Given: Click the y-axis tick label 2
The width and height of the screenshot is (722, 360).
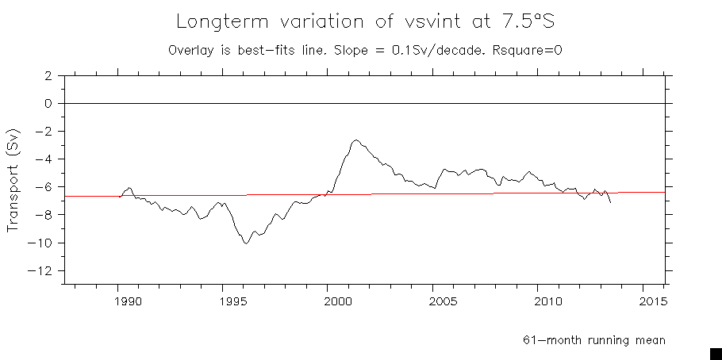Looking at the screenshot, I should click(48, 76).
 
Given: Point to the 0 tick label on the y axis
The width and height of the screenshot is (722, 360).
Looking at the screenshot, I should click(48, 104).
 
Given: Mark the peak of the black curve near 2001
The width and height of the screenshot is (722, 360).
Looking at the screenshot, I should click(356, 140).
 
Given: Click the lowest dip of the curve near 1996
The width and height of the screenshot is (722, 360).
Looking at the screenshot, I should click(247, 243).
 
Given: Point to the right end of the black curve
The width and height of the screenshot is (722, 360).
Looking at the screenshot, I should click(610, 203).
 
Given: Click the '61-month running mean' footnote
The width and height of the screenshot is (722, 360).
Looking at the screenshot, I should click(593, 340).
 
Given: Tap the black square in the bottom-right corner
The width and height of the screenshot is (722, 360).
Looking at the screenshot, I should click(715, 353).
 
